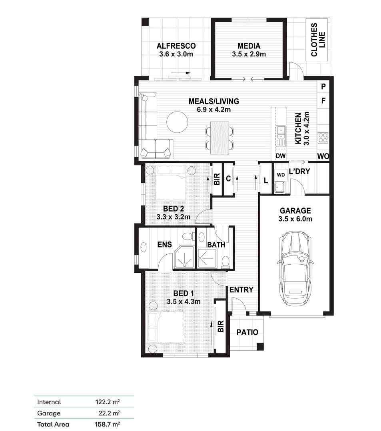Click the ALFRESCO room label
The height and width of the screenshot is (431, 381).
pyautogui.click(x=176, y=46)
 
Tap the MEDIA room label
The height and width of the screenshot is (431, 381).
pyautogui.click(x=249, y=46)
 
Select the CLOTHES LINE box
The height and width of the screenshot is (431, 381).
pyautogui.click(x=317, y=40)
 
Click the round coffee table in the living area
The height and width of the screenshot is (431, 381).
pyautogui.click(x=177, y=122)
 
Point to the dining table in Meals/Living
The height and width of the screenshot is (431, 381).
pyautogui.click(x=219, y=138)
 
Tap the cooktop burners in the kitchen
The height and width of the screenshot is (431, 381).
pyautogui.click(x=323, y=138)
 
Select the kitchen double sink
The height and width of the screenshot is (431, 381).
pyautogui.click(x=281, y=132)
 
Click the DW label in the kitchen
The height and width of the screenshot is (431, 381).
pyautogui.click(x=280, y=156)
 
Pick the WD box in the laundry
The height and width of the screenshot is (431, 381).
pyautogui.click(x=281, y=175)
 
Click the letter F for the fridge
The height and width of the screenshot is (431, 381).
pyautogui.click(x=323, y=101)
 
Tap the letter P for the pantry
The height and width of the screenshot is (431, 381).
pyautogui.click(x=323, y=87)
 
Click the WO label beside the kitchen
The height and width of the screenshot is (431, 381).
pyautogui.click(x=323, y=156)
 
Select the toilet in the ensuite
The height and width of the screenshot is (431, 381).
pyautogui.click(x=188, y=237)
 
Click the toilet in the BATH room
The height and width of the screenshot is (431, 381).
pyautogui.click(x=225, y=261)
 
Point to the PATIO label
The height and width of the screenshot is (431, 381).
pyautogui.click(x=247, y=332)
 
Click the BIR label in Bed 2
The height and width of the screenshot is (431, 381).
pyautogui.click(x=217, y=179)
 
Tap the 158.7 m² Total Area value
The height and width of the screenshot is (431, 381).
pyautogui.click(x=107, y=424)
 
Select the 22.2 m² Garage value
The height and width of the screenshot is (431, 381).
pyautogui.click(x=109, y=413)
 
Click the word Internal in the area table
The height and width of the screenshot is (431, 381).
pyautogui.click(x=49, y=402)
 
